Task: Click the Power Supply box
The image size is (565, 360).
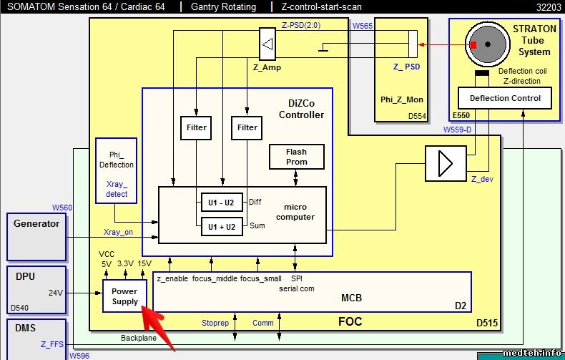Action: click(x=124, y=297)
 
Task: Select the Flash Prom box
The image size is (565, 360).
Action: click(x=296, y=157)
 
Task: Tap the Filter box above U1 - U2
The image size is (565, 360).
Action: click(x=197, y=127)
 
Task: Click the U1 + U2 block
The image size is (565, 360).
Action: click(x=221, y=226)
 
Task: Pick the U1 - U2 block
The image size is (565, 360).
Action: click(x=221, y=203)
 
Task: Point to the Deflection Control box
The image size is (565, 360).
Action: click(x=504, y=98)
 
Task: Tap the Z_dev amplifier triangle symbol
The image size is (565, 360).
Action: click(x=445, y=164)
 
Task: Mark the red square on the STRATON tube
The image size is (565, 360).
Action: click(x=473, y=45)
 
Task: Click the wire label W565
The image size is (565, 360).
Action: click(x=363, y=26)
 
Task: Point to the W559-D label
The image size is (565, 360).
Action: click(x=458, y=130)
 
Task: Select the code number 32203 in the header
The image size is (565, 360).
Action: click(x=549, y=7)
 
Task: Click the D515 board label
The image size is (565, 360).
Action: click(x=487, y=323)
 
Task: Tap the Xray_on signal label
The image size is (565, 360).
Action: click(x=118, y=232)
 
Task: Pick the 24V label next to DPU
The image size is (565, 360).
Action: click(x=56, y=292)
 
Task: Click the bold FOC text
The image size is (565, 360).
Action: click(x=350, y=321)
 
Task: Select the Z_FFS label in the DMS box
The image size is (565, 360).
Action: click(x=52, y=344)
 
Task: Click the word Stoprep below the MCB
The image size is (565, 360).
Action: click(x=215, y=323)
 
